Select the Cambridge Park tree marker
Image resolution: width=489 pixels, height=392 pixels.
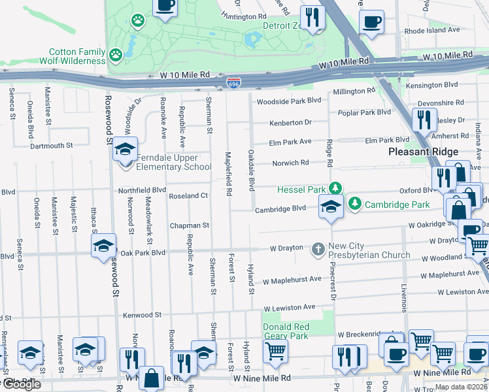click(354, 204)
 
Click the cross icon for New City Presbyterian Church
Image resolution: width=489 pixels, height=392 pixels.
click(318, 248)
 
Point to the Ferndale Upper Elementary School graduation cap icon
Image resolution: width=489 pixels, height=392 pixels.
click(125, 150)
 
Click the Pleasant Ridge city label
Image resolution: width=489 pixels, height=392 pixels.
click(415, 151)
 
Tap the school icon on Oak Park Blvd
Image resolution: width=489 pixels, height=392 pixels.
click(103, 246)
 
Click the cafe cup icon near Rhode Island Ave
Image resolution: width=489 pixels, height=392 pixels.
click(371, 21)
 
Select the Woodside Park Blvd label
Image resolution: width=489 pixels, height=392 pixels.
click(289, 101)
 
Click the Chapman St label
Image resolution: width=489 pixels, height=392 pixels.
click(189, 225)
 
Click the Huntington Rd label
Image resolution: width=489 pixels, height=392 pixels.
click(244, 16)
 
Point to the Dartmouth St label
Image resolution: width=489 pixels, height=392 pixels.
click(50, 146)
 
